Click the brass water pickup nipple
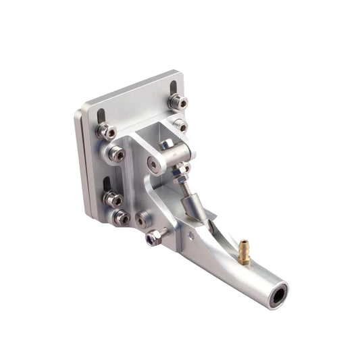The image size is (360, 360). (x=244, y=251)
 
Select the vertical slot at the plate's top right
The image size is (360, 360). (x=174, y=88)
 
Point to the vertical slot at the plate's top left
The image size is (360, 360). (x=101, y=115)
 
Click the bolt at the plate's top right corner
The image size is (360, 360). (x=178, y=103)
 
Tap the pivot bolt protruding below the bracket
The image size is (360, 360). (x=155, y=237)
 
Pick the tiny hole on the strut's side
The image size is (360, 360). (x=191, y=236)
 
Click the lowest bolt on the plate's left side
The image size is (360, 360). (x=121, y=217)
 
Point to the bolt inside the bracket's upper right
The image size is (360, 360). (x=180, y=126)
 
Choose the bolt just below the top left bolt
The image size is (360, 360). (x=115, y=154)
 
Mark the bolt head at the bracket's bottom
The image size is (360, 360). (x=143, y=220)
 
